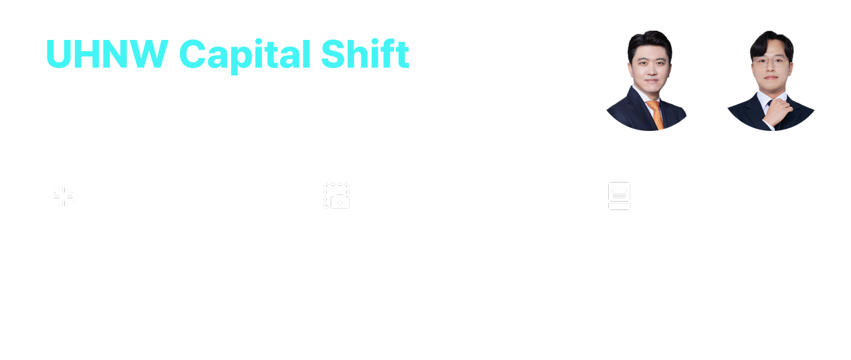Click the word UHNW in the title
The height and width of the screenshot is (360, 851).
[x=107, y=54]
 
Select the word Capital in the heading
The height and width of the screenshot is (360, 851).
[x=245, y=56]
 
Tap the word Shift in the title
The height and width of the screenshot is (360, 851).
[x=365, y=53]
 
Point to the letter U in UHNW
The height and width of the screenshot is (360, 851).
[x=58, y=54]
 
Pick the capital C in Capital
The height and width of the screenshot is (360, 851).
[x=192, y=54]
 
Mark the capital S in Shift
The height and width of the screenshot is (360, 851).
[x=333, y=54]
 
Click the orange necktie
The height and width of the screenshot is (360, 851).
[x=656, y=115]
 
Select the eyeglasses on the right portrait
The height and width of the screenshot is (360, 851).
[x=771, y=62]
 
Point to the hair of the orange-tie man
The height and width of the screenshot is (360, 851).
[x=649, y=44]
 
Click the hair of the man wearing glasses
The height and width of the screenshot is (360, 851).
[x=771, y=44]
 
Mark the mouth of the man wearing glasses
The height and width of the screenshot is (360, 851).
[x=771, y=77]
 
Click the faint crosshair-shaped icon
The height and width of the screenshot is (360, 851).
[x=63, y=196]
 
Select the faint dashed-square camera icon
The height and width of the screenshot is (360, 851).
[x=336, y=196]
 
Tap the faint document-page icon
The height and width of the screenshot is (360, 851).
[x=619, y=196]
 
